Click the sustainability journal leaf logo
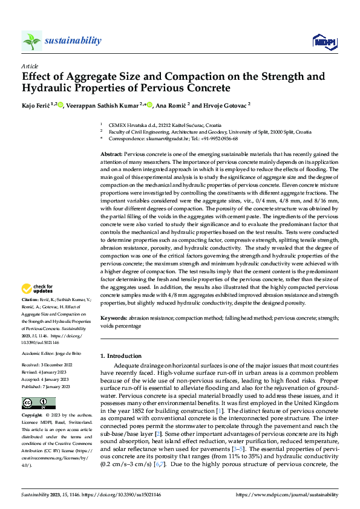(x=31, y=41)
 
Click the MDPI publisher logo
(x=323, y=41)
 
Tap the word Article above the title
(x=30, y=66)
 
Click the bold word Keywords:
(x=114, y=317)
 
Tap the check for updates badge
(x=39, y=289)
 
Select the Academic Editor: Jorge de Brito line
(x=50, y=352)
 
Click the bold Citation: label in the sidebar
(x=30, y=300)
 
